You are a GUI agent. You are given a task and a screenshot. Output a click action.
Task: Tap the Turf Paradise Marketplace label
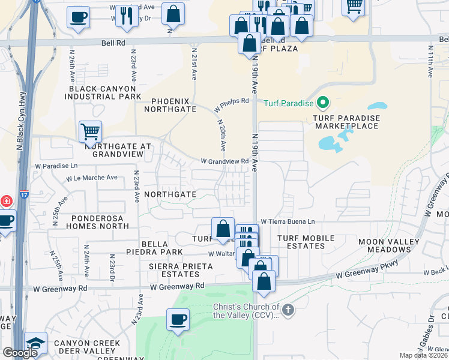346,122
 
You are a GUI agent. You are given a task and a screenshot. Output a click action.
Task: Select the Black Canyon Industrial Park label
105,92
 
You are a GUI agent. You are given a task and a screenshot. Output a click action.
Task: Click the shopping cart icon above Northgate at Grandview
90,130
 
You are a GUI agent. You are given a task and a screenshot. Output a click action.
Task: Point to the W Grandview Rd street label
224,161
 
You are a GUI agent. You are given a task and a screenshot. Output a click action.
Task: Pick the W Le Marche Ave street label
92,178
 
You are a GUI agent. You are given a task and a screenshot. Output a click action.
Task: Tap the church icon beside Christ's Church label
288,310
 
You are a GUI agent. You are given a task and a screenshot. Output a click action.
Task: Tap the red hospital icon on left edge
4,200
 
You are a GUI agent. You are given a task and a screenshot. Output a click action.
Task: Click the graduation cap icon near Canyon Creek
35,343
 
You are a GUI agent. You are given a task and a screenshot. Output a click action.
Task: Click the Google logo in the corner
19,353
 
